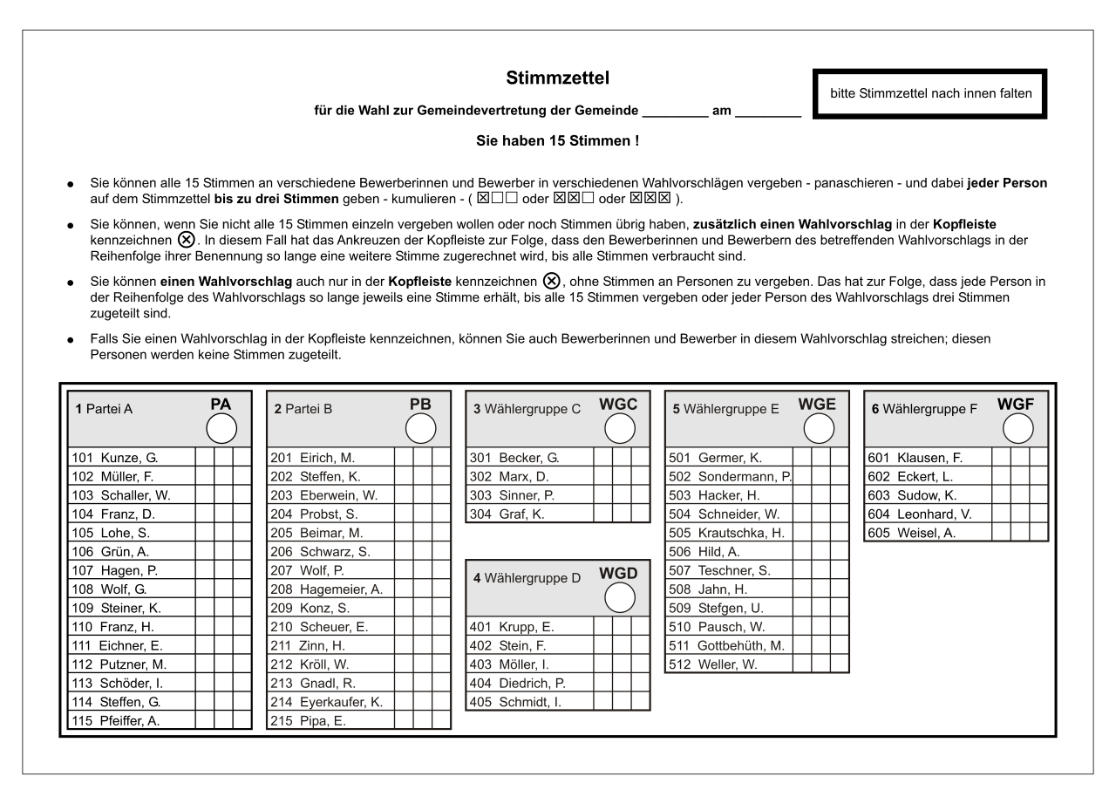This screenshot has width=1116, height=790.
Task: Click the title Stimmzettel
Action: (557, 78)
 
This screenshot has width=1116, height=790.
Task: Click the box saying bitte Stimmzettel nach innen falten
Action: (929, 93)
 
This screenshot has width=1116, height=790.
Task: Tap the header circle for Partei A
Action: (221, 428)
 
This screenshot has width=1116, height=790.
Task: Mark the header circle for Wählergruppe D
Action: (620, 597)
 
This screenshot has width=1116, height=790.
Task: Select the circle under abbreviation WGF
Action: (1017, 428)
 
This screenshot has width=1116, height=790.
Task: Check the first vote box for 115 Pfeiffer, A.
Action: (204, 720)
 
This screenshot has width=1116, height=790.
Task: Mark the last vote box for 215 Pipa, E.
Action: (441, 720)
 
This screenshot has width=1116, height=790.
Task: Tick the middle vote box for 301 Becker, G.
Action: (622, 458)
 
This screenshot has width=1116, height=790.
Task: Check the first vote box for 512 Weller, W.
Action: (802, 664)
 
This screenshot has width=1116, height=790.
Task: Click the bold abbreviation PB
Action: (420, 405)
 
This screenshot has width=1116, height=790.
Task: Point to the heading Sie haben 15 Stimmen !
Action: (557, 140)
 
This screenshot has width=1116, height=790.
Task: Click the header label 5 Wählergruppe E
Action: (725, 409)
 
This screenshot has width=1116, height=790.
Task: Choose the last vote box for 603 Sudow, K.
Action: (1038, 495)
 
